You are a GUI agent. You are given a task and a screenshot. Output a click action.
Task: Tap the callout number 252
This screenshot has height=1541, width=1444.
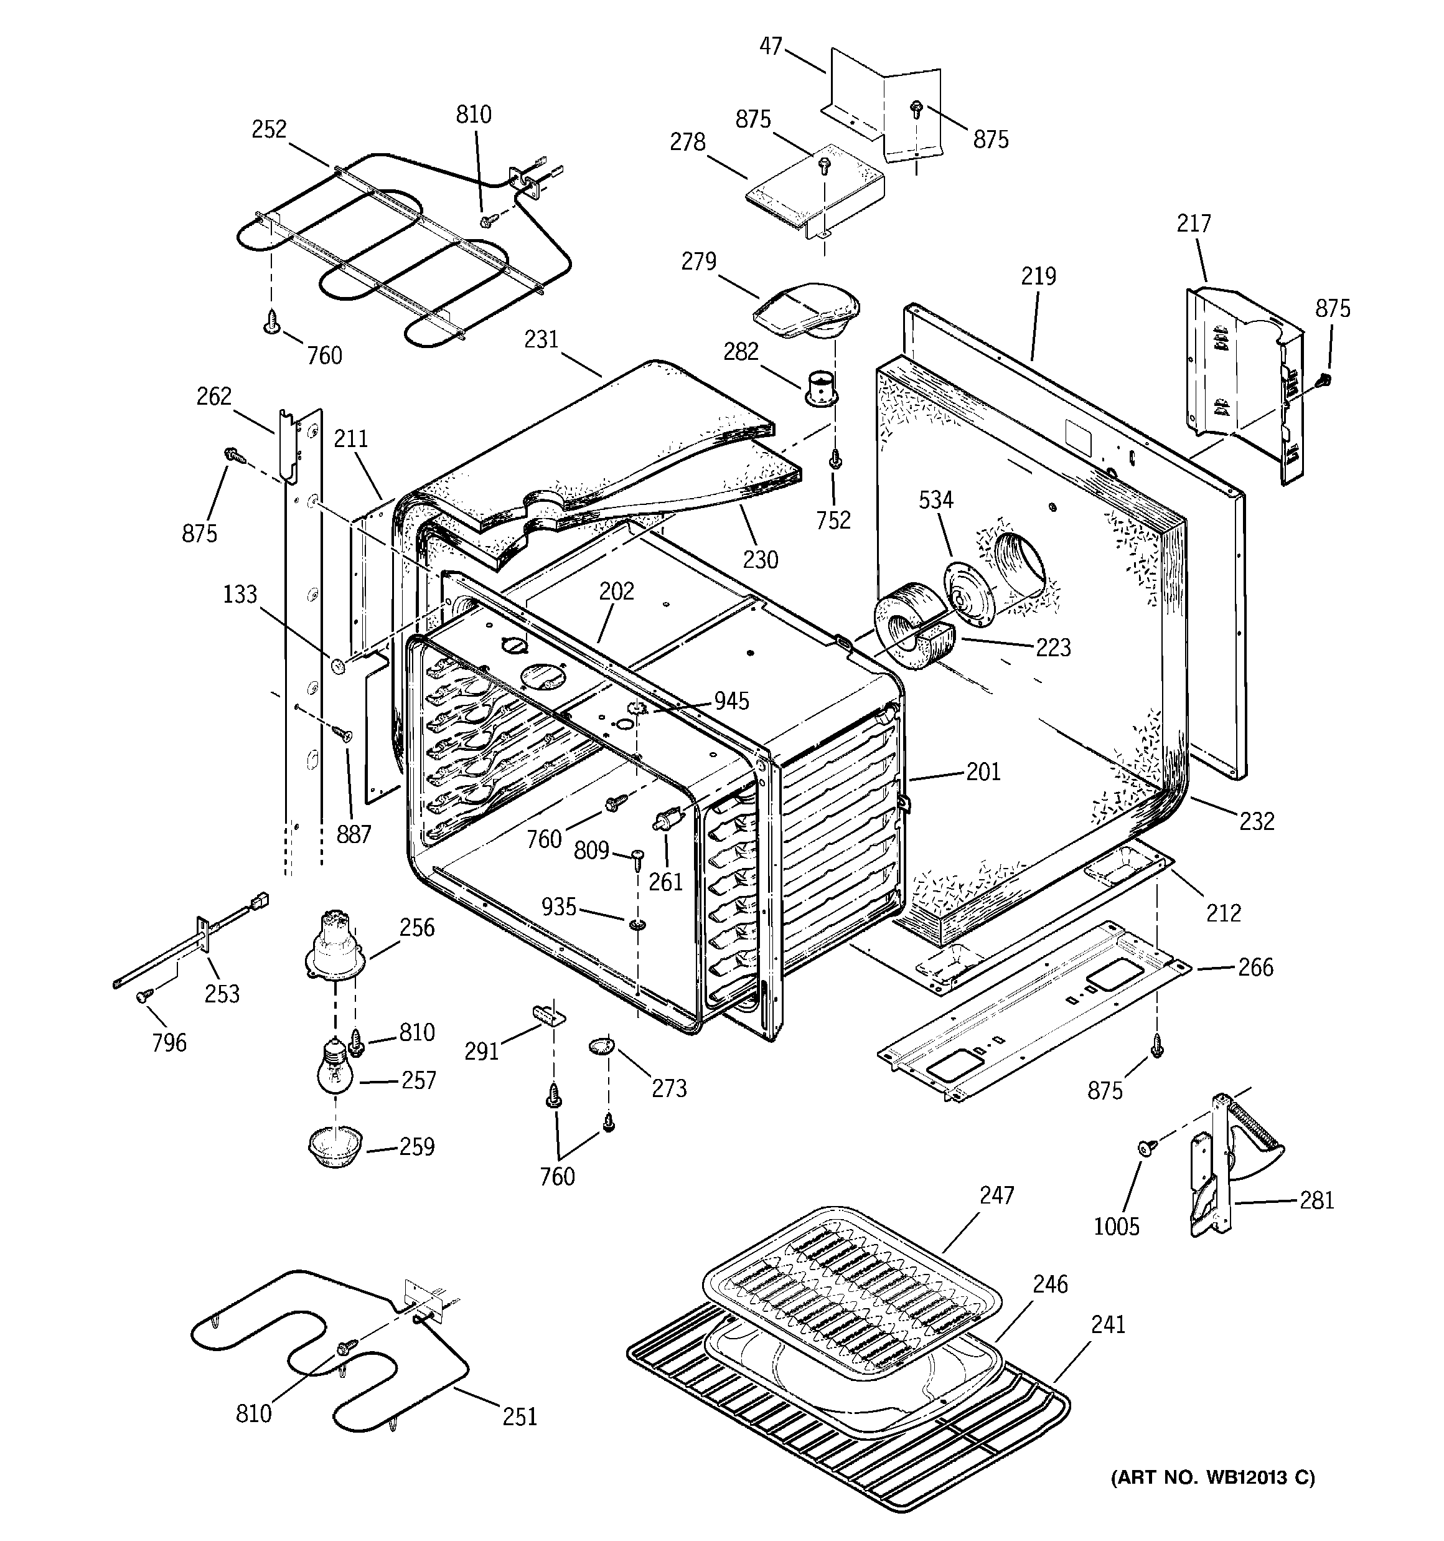(x=269, y=130)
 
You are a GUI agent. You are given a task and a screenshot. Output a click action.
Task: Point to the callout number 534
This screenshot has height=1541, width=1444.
(x=935, y=500)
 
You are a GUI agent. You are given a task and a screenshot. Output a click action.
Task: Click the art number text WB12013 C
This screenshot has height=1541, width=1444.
(x=1214, y=1478)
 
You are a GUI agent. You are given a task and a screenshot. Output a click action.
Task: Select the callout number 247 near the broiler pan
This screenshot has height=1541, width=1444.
(x=996, y=1195)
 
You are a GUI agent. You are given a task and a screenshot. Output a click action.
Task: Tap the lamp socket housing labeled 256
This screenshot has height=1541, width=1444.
(x=335, y=948)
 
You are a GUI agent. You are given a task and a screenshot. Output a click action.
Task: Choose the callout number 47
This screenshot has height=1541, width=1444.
(x=771, y=47)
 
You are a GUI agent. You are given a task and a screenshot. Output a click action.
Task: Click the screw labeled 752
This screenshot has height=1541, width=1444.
(x=835, y=461)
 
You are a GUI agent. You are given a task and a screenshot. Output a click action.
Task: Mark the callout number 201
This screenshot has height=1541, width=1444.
(x=983, y=771)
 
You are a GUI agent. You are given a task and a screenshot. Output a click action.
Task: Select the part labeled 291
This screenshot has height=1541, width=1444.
(x=548, y=1012)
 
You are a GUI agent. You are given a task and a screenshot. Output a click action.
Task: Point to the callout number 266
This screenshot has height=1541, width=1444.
(x=1255, y=968)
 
